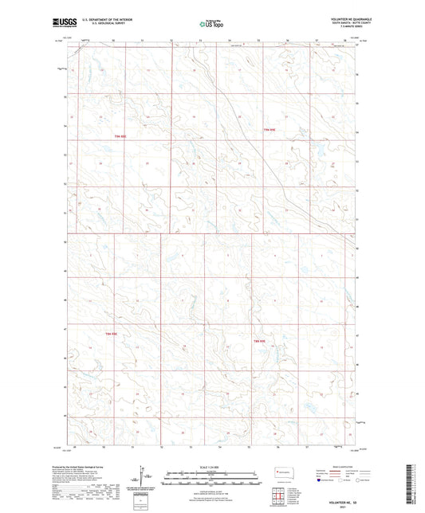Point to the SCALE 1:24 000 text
click(211, 466)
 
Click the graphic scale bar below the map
click(211, 475)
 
